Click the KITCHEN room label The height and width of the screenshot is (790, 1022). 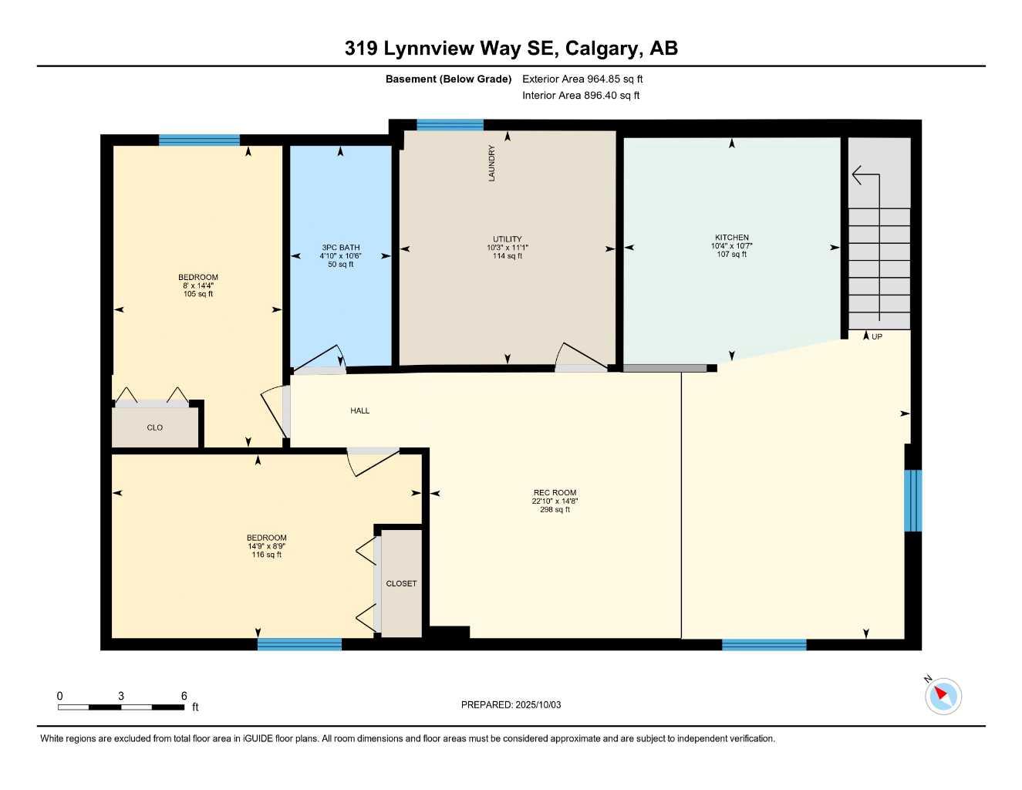(x=731, y=238)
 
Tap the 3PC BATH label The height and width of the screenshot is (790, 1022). (x=340, y=248)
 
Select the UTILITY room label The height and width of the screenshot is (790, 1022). (x=507, y=239)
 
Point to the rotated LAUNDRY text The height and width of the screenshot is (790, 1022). (x=491, y=164)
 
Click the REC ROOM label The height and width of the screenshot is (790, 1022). (x=555, y=492)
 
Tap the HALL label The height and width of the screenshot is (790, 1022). (x=359, y=410)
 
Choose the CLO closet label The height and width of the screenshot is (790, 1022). (x=154, y=427)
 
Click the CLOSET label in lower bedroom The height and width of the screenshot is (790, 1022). (x=401, y=583)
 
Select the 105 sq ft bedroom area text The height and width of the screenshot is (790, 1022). (x=198, y=294)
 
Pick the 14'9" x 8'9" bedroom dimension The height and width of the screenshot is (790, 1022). (x=267, y=546)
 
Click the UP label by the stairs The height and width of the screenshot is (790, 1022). (x=876, y=336)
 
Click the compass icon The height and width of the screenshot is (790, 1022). (x=943, y=695)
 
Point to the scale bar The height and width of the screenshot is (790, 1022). (x=121, y=707)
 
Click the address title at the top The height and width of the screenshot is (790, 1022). (x=511, y=48)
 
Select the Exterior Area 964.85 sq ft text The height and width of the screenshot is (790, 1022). (x=582, y=79)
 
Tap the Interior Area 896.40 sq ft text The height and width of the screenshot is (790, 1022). (x=581, y=96)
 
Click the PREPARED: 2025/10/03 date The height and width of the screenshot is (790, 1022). (x=511, y=704)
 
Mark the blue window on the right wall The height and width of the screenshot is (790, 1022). (x=912, y=500)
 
